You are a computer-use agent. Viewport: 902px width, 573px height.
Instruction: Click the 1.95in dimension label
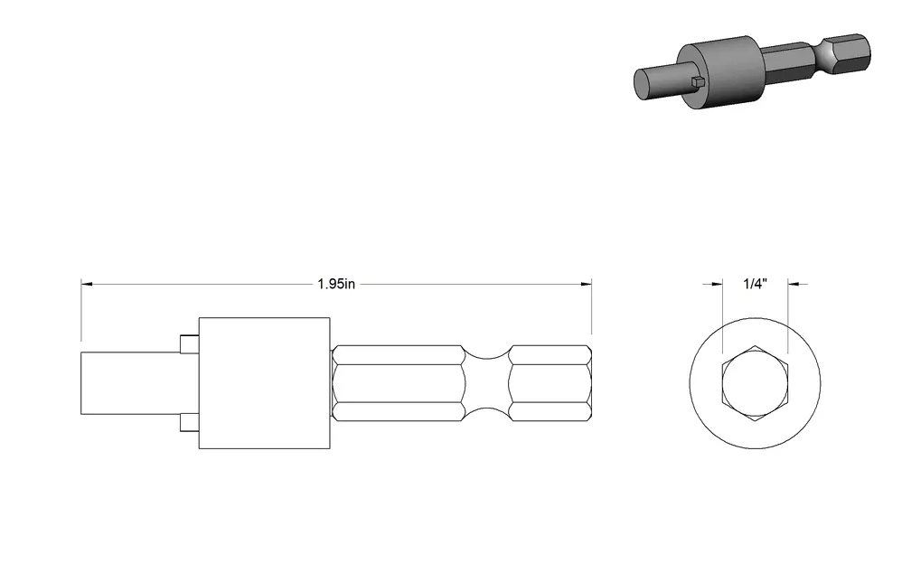(x=336, y=284)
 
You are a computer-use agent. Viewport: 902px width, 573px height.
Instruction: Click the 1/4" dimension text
(x=756, y=284)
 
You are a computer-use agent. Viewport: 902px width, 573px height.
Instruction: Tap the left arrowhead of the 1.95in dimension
(x=86, y=284)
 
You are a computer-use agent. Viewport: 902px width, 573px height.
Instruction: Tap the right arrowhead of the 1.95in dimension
(x=587, y=284)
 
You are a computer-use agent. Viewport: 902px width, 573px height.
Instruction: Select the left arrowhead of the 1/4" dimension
(x=717, y=284)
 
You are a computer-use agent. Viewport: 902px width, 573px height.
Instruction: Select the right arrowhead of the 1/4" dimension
(x=794, y=284)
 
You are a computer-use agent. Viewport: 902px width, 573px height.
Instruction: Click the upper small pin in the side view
(x=189, y=343)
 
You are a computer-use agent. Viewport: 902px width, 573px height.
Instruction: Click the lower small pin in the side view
(x=189, y=422)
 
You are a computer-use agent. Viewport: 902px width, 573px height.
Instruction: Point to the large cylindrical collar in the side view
(x=265, y=383)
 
